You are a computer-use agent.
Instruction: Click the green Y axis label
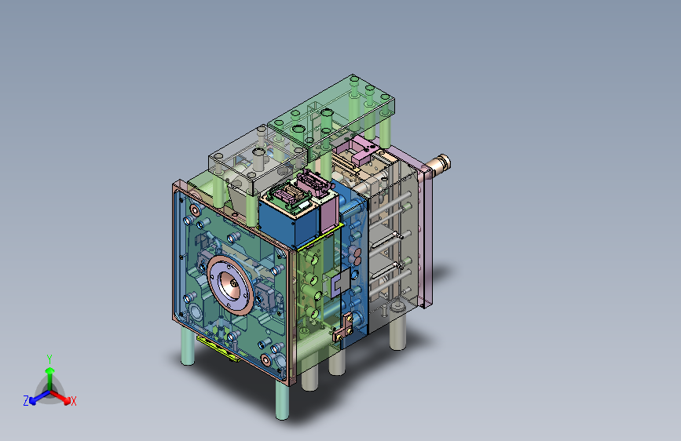(x=49, y=359)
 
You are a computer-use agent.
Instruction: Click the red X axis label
(x=73, y=401)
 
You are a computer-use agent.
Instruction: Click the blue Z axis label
(x=26, y=401)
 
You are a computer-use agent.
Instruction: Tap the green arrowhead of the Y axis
(x=50, y=371)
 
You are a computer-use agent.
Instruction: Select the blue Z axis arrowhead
(x=33, y=401)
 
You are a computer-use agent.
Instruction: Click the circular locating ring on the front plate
(x=230, y=285)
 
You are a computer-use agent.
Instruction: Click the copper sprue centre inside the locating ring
(x=232, y=284)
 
